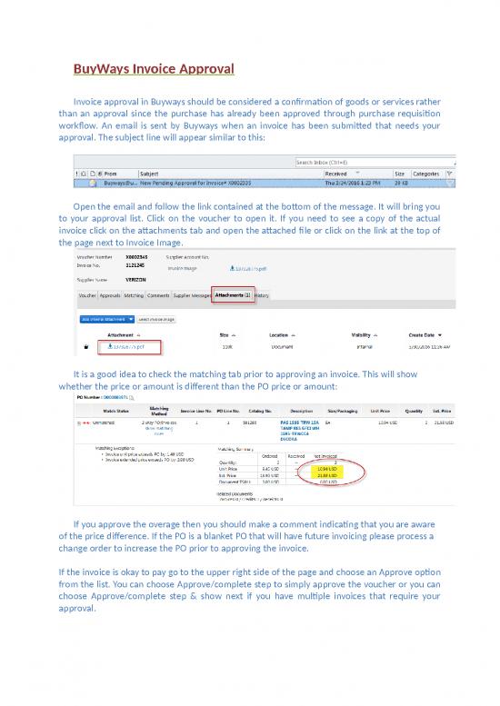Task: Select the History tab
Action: pos(262,295)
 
